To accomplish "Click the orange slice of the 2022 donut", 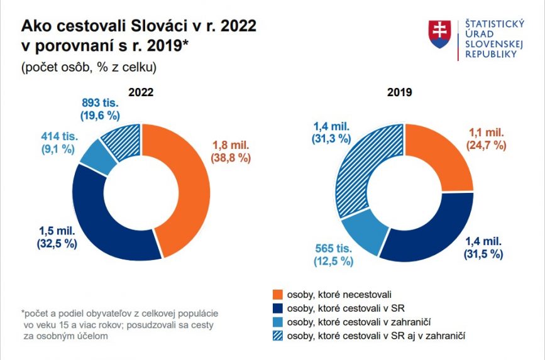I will [x=189, y=188].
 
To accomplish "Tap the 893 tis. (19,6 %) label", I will [x=101, y=109].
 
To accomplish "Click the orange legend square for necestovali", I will [x=278, y=294].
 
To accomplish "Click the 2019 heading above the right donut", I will [x=399, y=92].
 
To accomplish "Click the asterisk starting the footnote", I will [x=23, y=312].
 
